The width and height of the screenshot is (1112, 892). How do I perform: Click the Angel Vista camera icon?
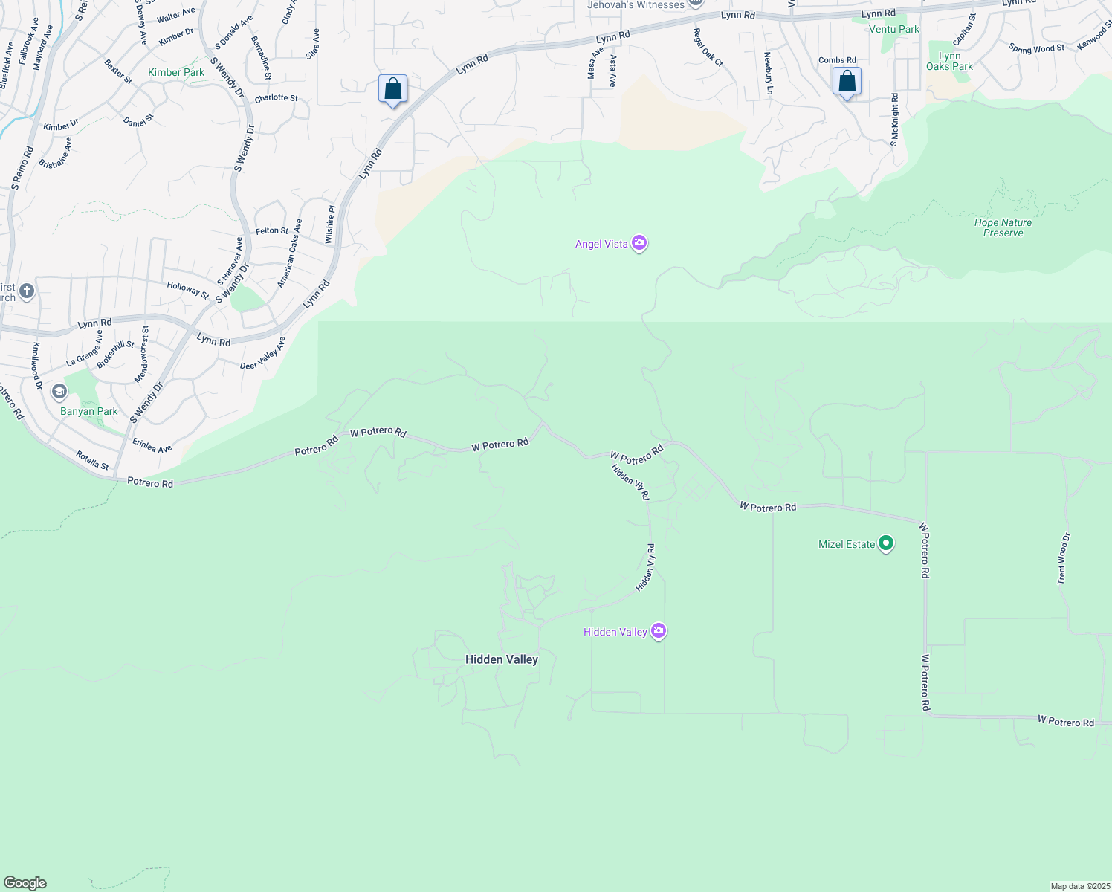pos(639,243)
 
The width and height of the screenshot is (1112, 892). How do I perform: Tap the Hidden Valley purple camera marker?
pos(659,631)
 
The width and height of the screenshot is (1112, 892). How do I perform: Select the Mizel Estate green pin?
pos(885,543)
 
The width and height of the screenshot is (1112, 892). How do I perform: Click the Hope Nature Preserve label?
pos(1003,227)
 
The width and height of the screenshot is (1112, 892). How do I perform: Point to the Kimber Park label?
pos(176,72)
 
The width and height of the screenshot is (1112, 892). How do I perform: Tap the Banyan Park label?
pos(89,411)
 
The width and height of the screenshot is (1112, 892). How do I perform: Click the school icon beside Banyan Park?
pos(59,391)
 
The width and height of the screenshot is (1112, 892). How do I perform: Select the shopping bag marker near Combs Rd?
pos(847,82)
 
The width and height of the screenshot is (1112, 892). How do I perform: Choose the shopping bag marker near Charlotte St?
pos(392,89)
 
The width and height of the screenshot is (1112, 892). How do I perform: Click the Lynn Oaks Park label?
pos(949,61)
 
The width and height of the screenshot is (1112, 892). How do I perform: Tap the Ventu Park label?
pos(894,29)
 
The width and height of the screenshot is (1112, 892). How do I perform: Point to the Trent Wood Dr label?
pos(1064,558)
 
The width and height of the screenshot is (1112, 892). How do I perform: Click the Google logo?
pos(25,883)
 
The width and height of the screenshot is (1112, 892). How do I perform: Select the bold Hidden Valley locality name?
pos(501,659)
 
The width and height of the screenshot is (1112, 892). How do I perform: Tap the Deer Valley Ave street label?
pos(263,354)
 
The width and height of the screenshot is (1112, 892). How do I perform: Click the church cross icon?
pos(27,291)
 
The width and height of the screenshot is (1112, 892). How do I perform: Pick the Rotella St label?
pos(92,460)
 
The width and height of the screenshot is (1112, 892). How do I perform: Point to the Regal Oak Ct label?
pos(708,48)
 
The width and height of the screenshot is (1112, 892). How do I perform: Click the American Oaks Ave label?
pos(290,253)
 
